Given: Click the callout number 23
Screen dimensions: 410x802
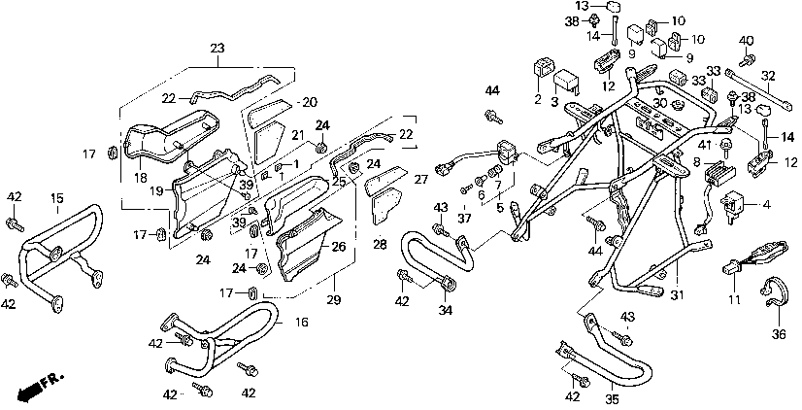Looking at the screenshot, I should click(x=216, y=48).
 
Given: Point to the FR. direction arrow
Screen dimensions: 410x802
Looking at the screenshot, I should click(x=37, y=386).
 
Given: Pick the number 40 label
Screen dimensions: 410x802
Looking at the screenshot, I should click(x=746, y=40).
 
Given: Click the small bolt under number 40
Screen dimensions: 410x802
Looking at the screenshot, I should click(x=746, y=59).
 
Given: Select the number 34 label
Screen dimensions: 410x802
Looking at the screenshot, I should click(x=446, y=310).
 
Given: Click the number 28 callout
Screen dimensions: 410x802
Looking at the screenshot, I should click(x=378, y=244).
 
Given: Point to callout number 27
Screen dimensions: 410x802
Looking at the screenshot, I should click(x=420, y=180).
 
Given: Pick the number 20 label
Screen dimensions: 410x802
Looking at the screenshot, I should click(x=310, y=102).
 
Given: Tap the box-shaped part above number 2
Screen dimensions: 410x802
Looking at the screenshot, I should click(x=545, y=69).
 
